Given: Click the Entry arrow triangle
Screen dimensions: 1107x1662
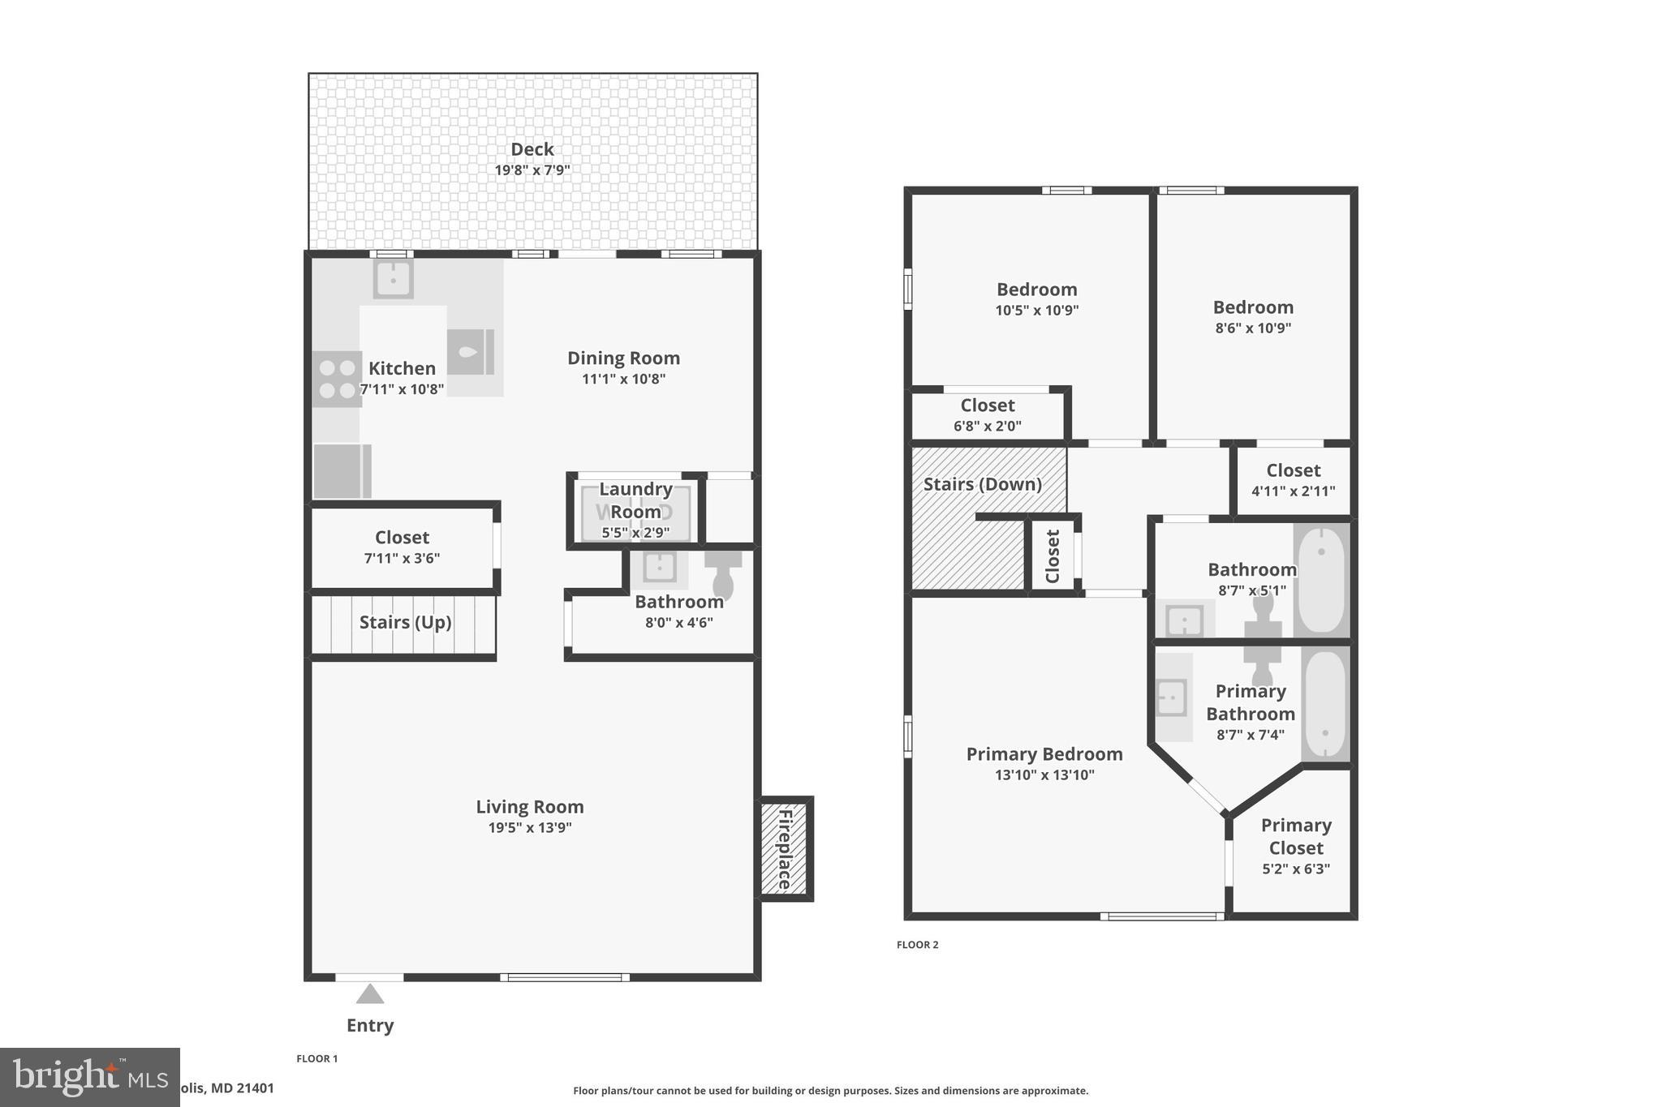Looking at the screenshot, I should (x=370, y=994).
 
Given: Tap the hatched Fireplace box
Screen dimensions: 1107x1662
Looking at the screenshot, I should (x=785, y=848).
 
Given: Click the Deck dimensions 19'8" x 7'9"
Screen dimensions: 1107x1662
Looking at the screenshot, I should (x=532, y=170).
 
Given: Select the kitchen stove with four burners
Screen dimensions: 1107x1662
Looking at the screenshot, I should (x=337, y=379).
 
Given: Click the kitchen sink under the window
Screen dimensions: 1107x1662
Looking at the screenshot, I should (x=393, y=280).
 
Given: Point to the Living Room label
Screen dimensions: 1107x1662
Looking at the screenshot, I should (x=529, y=807).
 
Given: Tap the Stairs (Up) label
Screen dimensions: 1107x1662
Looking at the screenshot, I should (x=405, y=622).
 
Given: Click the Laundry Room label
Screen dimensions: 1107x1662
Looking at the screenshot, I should (x=635, y=500).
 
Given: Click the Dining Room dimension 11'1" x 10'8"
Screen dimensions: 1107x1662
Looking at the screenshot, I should (x=623, y=379).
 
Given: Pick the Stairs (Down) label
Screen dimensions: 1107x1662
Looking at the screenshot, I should (x=982, y=484).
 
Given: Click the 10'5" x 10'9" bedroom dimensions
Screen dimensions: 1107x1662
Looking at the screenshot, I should (x=1036, y=311).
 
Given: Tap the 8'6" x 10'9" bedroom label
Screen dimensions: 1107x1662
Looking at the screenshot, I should (x=1253, y=307).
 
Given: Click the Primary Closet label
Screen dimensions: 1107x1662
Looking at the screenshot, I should (x=1296, y=836).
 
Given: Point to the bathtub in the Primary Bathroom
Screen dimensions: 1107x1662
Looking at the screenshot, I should (x=1324, y=704).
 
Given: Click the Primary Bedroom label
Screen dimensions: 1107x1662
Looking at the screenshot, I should (x=1044, y=754).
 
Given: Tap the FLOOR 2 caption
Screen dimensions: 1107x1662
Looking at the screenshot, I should (x=917, y=945).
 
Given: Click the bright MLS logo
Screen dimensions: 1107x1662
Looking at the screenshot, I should (x=89, y=1077).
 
